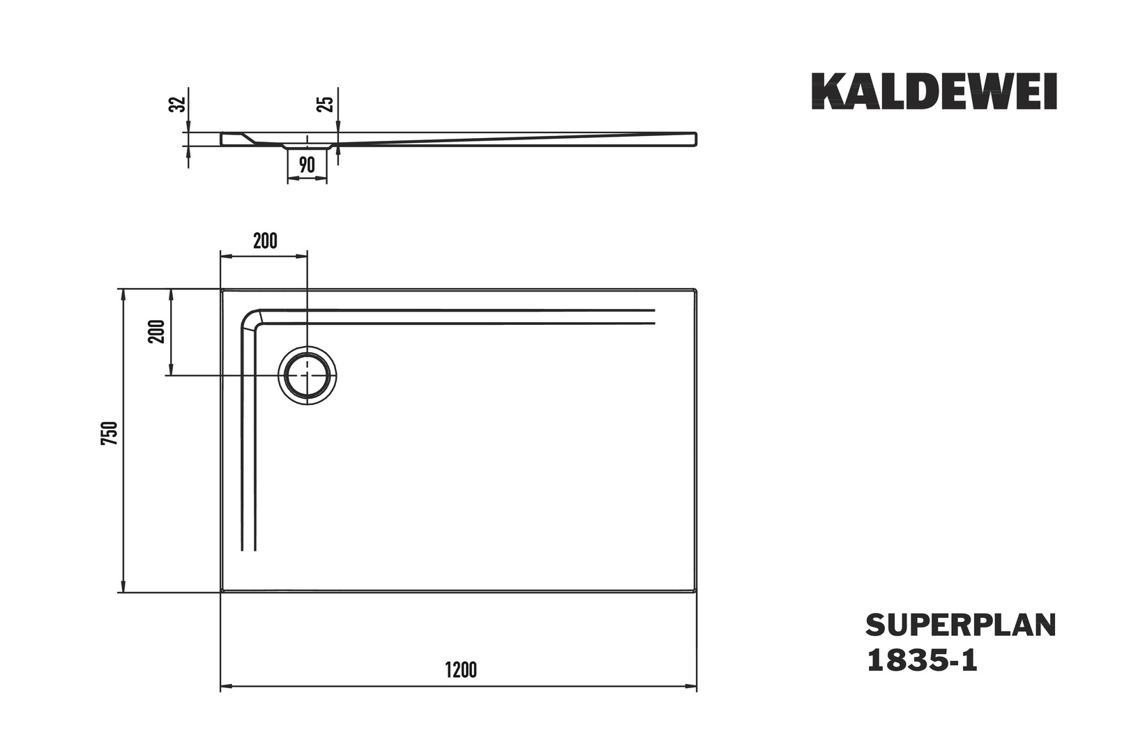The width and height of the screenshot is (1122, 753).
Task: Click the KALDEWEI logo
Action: (x=934, y=91)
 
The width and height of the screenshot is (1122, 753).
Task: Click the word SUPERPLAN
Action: (x=961, y=625)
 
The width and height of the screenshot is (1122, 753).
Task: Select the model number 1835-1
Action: (x=922, y=661)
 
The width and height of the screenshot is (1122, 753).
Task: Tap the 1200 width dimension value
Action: (x=461, y=670)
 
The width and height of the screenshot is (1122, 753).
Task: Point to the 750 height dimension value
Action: (x=109, y=433)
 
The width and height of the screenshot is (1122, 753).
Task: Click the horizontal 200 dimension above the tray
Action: (x=265, y=241)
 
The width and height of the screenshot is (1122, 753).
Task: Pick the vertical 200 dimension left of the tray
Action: (x=157, y=331)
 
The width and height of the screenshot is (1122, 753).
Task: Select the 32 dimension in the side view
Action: (x=178, y=104)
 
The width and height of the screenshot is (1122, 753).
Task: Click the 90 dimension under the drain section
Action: (x=307, y=165)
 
